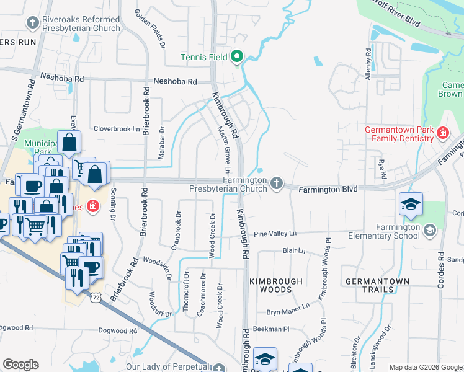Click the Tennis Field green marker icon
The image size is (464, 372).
[x=236, y=58]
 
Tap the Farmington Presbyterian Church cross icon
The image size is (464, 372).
[x=277, y=183]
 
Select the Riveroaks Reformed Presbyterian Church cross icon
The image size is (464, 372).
[x=33, y=23]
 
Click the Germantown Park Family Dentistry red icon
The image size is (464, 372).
[x=442, y=133]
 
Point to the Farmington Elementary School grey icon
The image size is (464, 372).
[x=429, y=231]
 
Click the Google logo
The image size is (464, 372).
[x=20, y=365]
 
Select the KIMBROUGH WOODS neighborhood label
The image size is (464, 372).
[x=276, y=286]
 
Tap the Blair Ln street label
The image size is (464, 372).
[x=294, y=251]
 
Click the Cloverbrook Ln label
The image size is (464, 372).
[x=117, y=129]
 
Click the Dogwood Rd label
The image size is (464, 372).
[x=16, y=327]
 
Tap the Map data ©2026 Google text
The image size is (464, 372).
[x=425, y=367]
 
